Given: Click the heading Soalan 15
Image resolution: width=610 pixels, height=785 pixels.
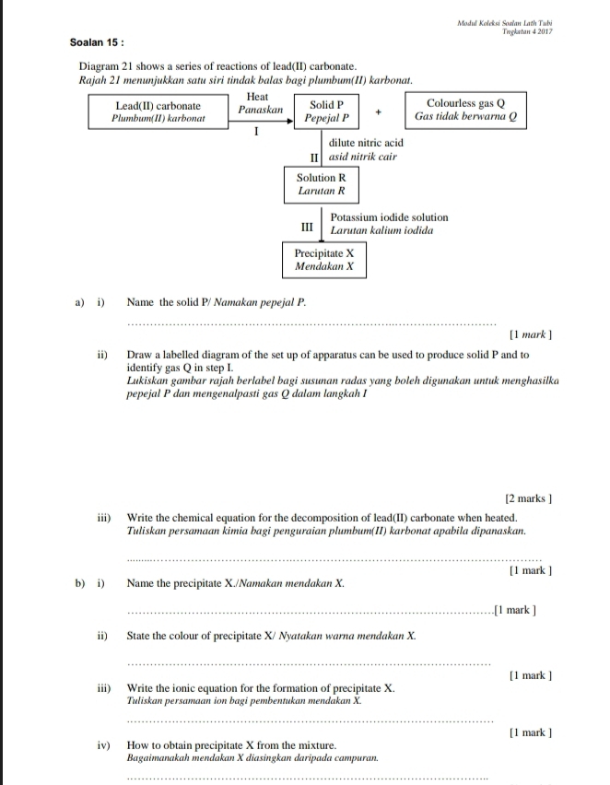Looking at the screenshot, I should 97,42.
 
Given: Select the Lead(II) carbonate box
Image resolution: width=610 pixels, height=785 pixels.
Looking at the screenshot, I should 158,112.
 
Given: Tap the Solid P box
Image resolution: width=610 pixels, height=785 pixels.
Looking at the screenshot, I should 326,112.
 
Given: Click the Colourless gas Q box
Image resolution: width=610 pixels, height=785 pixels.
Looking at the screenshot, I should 465,111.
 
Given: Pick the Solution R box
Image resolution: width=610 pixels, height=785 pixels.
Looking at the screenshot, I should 321,185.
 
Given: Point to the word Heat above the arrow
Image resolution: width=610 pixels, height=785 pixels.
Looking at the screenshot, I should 258,97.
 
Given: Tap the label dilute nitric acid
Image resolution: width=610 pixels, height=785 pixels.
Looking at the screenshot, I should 366,144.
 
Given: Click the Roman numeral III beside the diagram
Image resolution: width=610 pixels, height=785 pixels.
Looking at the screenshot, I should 308,225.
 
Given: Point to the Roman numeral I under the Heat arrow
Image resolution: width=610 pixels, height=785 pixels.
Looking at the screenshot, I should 257,133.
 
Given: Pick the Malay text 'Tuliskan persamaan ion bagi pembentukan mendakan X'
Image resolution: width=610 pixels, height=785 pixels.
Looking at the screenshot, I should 243,701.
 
